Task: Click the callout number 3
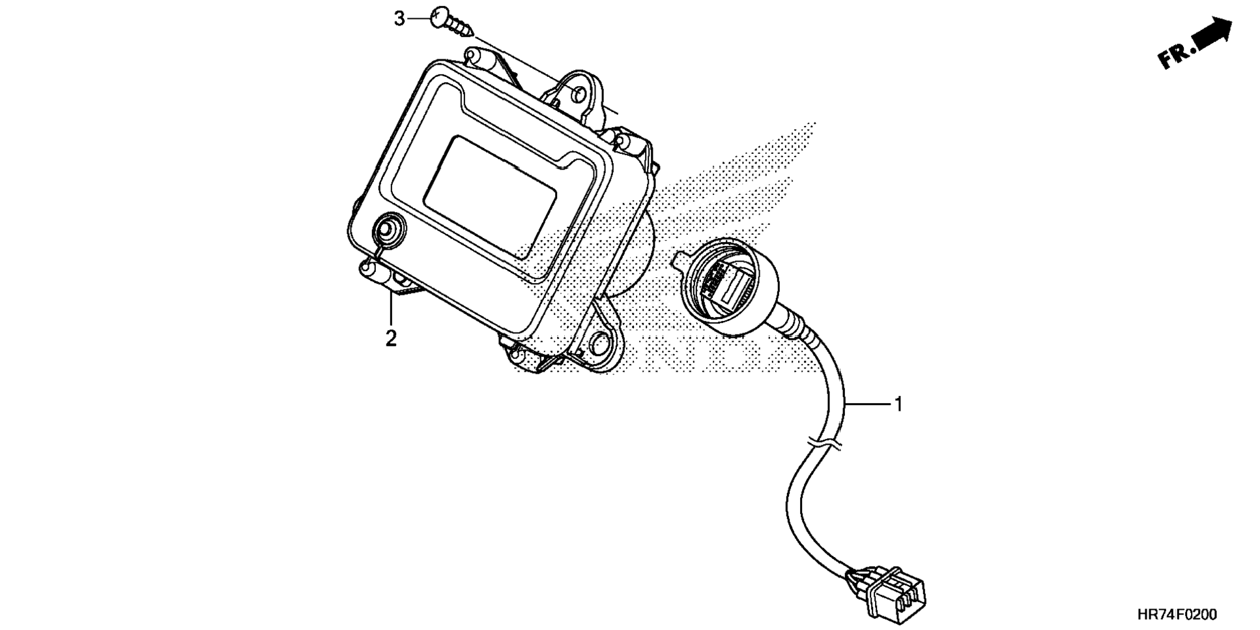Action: (x=399, y=19)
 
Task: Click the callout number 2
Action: (x=391, y=338)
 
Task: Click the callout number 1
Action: (x=899, y=404)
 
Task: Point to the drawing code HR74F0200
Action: (x=1177, y=615)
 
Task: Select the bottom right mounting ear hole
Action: (x=600, y=342)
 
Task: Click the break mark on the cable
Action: (x=824, y=443)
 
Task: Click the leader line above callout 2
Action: (x=391, y=310)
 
